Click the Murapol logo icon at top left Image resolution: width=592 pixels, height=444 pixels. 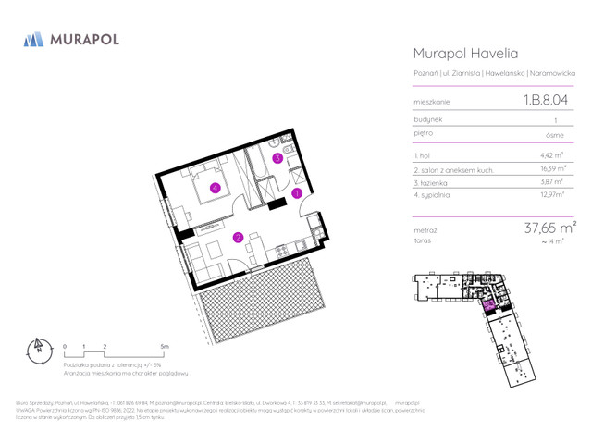pyautogui.click(x=34, y=40)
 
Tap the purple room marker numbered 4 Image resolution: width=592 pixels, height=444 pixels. pyautogui.click(x=215, y=188)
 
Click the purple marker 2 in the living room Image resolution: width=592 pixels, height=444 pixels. pyautogui.click(x=238, y=238)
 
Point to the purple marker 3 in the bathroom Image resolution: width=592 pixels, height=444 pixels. pyautogui.click(x=277, y=158)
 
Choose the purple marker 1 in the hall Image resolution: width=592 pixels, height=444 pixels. pyautogui.click(x=297, y=193)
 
